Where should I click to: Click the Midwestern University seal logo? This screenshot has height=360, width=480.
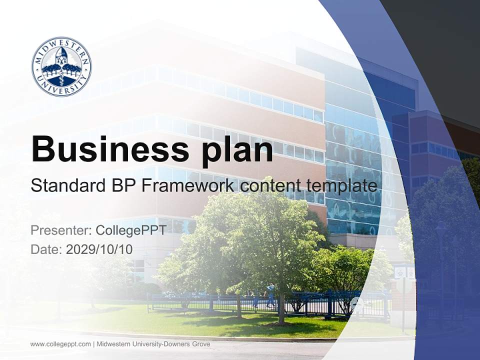(61, 66)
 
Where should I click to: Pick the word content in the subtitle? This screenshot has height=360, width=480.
(269, 186)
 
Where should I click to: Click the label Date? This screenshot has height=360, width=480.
(46, 249)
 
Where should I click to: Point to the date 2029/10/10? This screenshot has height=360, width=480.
(99, 249)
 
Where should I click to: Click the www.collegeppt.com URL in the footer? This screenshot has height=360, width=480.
(60, 344)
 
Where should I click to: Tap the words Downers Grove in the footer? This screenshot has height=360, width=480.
(189, 344)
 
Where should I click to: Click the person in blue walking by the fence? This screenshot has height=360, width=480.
(270, 295)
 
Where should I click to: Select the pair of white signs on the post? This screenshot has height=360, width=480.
(404, 272)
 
